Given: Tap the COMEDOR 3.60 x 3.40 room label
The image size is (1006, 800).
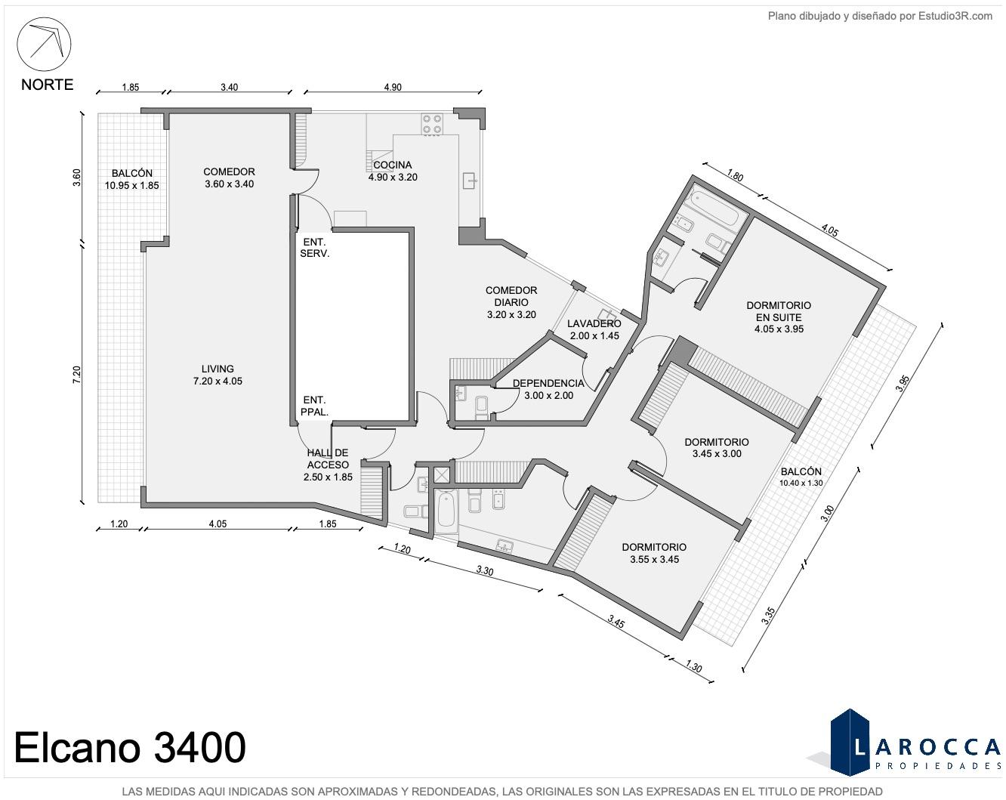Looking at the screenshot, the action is [x=229, y=178].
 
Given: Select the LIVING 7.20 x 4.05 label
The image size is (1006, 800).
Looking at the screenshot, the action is [x=218, y=375].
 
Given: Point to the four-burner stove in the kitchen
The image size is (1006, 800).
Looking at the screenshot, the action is [x=433, y=124].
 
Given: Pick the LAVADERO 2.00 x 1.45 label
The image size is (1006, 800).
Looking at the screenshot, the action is [x=594, y=329].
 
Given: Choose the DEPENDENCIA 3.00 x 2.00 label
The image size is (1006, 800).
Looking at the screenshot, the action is [x=548, y=390].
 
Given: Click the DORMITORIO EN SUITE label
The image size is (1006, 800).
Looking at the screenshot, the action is [x=779, y=317].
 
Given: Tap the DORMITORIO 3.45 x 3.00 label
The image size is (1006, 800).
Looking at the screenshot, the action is [x=717, y=447].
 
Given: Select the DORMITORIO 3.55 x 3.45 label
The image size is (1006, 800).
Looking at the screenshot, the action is [x=654, y=553].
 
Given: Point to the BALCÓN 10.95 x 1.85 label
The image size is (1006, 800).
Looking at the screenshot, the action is [x=132, y=179].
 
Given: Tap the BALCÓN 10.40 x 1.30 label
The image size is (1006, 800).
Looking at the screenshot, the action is [x=801, y=477].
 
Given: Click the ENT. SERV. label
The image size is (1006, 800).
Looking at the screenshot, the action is [x=315, y=248].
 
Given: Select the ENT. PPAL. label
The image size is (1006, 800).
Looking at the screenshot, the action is [x=314, y=406].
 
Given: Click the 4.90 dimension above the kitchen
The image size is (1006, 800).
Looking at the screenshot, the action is [x=393, y=88].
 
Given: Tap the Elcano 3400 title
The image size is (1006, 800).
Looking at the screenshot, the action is [x=130, y=747].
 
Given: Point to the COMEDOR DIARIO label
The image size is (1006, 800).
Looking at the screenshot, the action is [x=511, y=302].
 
